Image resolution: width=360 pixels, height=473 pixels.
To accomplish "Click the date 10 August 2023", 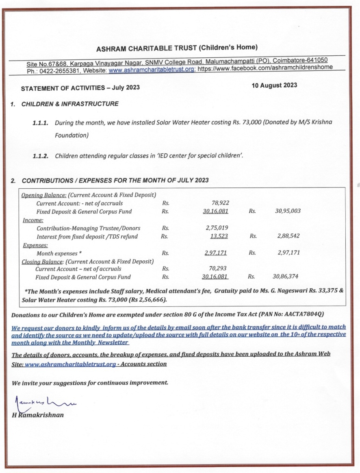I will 274,85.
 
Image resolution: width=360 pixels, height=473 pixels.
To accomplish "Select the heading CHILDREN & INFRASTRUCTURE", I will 70,104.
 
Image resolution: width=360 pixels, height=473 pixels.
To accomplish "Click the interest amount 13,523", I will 219,236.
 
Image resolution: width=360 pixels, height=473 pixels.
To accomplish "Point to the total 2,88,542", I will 288,236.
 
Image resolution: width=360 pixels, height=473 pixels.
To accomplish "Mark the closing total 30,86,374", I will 286,277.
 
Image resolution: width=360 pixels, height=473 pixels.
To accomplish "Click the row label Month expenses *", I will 59,253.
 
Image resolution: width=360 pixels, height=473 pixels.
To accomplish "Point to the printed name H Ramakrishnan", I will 38,415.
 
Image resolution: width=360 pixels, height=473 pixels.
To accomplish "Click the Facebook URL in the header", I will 265,67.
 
